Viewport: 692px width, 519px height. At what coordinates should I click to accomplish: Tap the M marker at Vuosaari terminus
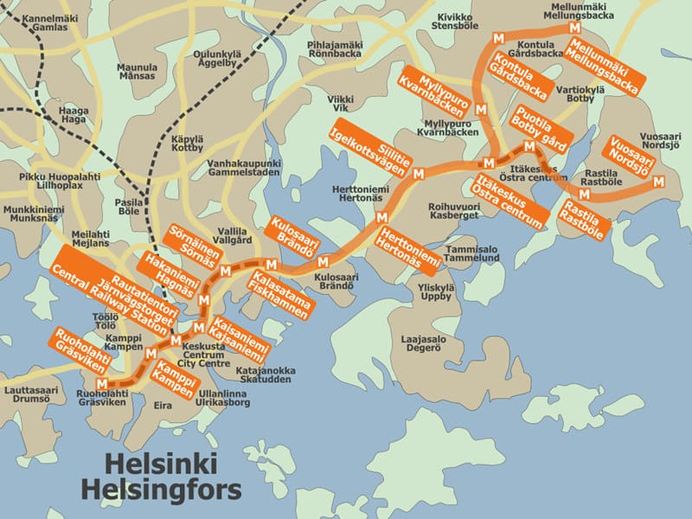[659, 181]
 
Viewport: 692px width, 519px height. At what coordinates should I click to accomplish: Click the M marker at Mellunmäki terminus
[573, 29]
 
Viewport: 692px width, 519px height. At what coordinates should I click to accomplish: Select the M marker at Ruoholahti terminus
[103, 384]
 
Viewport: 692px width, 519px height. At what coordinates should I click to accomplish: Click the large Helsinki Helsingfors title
[161, 477]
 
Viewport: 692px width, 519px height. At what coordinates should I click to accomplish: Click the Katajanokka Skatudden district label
[266, 375]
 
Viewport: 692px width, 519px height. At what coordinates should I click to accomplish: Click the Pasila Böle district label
[128, 205]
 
